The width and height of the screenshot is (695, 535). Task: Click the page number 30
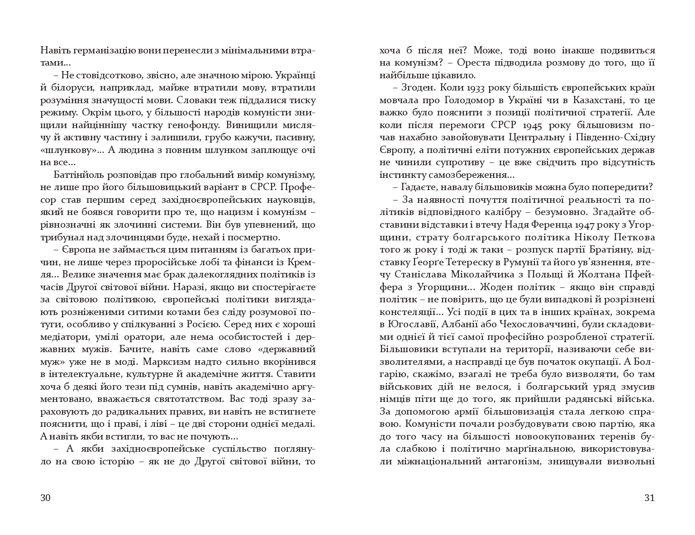click(x=45, y=498)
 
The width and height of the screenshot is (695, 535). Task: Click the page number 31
click(x=649, y=498)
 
